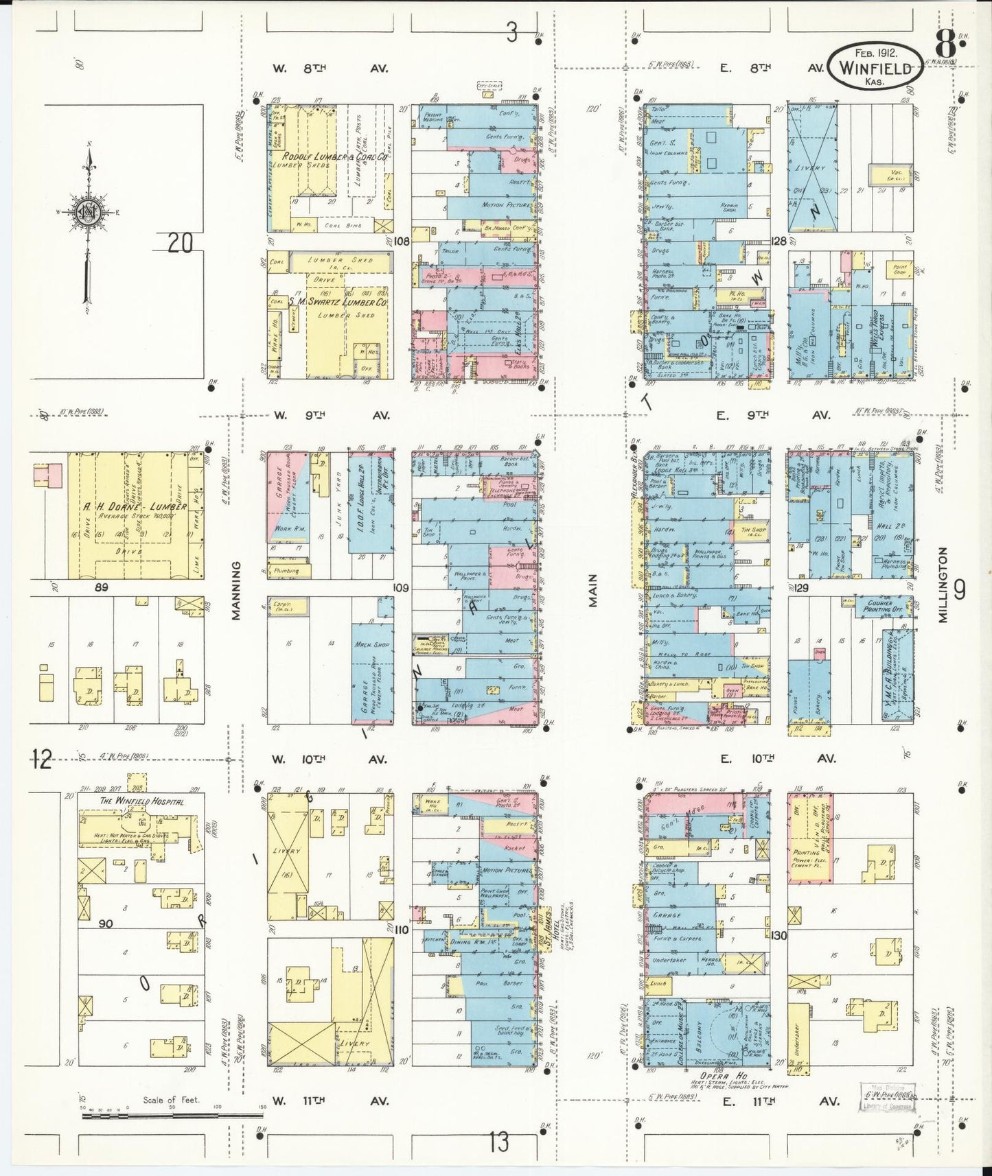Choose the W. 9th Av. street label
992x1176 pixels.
(332, 414)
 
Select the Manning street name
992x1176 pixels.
(236, 591)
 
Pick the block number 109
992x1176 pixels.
(400, 588)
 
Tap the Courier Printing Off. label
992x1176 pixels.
(880, 607)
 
